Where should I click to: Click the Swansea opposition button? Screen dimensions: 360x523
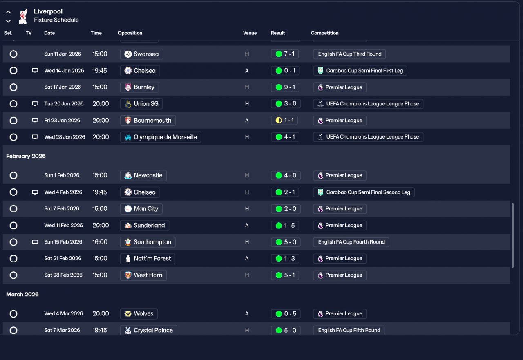(141, 54)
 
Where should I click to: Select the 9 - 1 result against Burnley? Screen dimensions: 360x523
(285, 87)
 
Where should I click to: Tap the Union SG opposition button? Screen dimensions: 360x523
(141, 104)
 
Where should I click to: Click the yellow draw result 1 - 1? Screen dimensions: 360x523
(285, 121)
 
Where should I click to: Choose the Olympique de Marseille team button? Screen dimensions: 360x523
(161, 137)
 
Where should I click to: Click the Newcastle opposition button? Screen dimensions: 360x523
(143, 175)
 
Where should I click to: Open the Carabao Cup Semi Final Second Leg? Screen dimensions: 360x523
(364, 192)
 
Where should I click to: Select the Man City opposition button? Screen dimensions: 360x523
(141, 209)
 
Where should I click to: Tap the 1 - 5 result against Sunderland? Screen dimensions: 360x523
(285, 226)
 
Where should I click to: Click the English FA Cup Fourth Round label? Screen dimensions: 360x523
(351, 242)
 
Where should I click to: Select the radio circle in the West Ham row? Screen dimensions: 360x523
(13, 275)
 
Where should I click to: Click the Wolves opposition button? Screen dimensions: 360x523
(139, 314)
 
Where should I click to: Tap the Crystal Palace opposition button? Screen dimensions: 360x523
(149, 330)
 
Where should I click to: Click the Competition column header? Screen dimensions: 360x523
(325, 33)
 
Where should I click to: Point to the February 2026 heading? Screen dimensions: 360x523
(26, 156)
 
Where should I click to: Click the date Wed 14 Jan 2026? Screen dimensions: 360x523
(64, 71)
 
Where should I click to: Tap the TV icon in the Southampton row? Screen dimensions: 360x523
(35, 242)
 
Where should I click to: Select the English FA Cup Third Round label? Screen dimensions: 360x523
(349, 54)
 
